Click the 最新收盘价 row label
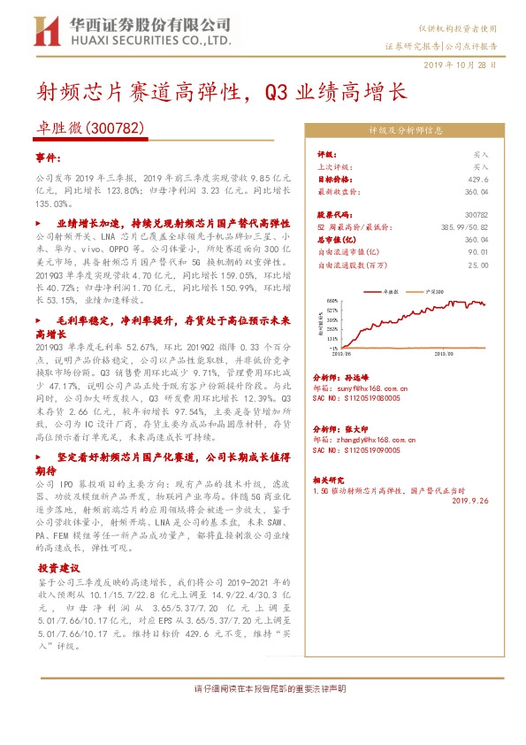[x=338, y=190]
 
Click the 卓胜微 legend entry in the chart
[x=382, y=290]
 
